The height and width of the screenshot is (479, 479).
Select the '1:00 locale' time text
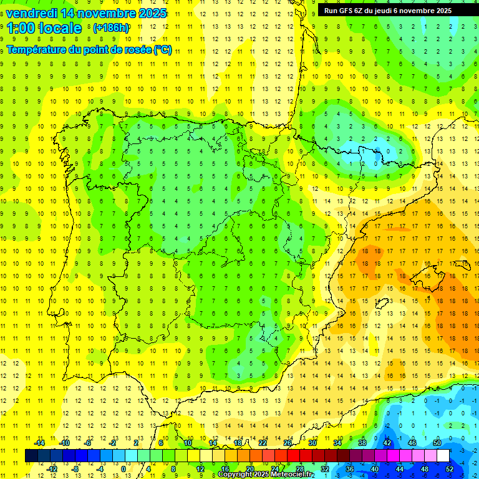(x=44, y=28)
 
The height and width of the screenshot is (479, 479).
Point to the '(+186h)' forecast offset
(x=111, y=28)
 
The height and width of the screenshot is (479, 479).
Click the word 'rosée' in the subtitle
(x=137, y=51)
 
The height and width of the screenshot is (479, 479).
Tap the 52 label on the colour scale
(x=449, y=468)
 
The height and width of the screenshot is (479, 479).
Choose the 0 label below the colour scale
(x=123, y=468)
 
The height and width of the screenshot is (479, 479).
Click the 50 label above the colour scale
(x=437, y=443)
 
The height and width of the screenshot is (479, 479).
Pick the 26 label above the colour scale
(x=288, y=443)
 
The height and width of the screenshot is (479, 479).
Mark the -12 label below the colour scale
(x=51, y=468)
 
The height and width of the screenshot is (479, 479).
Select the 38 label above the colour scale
(x=362, y=443)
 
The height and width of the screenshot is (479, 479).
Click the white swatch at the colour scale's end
(x=443, y=455)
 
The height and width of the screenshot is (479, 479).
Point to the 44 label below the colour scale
(x=399, y=468)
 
